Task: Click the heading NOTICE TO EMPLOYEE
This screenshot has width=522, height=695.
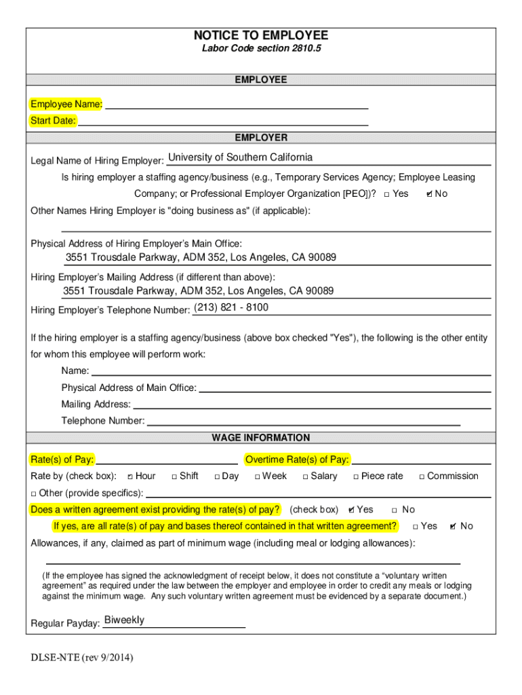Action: (260, 35)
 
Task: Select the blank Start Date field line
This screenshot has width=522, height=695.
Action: (223, 121)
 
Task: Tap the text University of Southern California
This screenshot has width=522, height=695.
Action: (241, 157)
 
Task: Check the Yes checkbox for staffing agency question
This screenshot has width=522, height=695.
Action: (386, 194)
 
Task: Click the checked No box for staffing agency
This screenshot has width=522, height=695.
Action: (429, 194)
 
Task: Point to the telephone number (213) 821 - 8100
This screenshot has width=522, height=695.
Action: (231, 307)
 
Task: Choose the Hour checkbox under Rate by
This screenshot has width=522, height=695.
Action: (130, 476)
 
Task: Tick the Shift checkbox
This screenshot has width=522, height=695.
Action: (174, 476)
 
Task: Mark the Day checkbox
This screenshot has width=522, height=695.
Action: (217, 476)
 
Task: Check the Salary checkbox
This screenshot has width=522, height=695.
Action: (305, 476)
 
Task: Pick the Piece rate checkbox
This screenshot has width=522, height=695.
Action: (356, 476)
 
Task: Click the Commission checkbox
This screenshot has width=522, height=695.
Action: (422, 476)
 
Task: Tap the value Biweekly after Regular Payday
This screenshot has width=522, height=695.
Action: (124, 620)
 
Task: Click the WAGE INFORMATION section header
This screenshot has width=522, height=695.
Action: (261, 438)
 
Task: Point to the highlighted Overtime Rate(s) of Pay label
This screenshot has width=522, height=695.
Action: (297, 459)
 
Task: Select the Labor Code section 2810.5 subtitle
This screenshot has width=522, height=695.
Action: (261, 49)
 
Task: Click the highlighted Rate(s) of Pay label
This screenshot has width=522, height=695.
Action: (62, 459)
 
